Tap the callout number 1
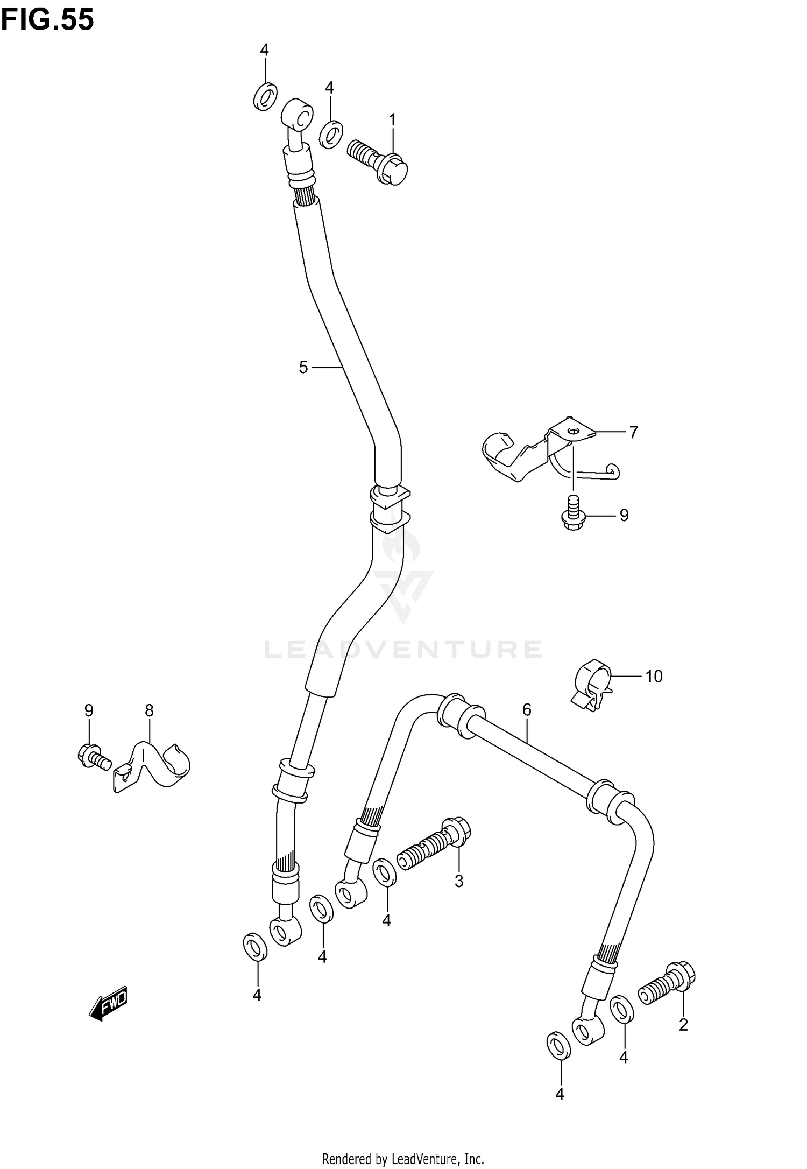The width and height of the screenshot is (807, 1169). coord(392,119)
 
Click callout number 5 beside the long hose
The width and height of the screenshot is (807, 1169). coord(303,367)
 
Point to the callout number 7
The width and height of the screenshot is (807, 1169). coord(633,432)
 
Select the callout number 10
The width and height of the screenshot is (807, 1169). coord(654,675)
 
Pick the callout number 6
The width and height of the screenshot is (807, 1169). coord(526,710)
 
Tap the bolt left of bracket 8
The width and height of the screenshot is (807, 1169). coord(93,755)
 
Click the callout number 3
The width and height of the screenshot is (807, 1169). coord(458,881)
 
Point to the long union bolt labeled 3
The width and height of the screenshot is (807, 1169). coord(433,851)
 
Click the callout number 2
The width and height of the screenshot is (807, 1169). coord(683,1025)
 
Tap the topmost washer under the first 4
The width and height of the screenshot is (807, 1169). coord(265,96)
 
